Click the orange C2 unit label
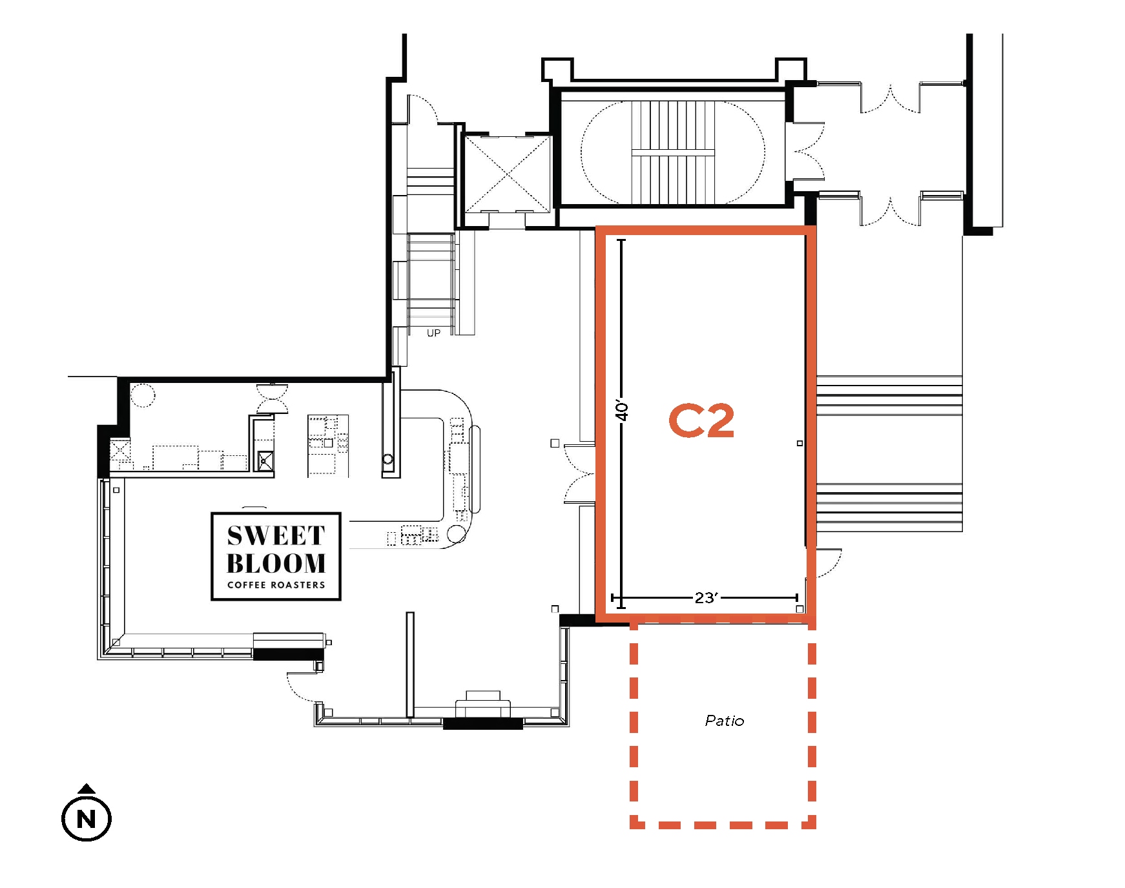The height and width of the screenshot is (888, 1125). [x=701, y=420]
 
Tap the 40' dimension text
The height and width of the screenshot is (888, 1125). [x=622, y=410]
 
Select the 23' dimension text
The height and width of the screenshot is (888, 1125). [x=706, y=597]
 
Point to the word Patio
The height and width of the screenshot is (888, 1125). [x=724, y=721]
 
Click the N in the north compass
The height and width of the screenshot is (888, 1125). [x=87, y=819]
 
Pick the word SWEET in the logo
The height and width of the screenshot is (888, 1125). [x=276, y=535]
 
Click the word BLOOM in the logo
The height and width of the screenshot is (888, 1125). [x=276, y=563]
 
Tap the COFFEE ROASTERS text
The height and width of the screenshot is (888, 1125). [x=276, y=585]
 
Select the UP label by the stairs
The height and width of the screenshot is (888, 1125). [x=433, y=333]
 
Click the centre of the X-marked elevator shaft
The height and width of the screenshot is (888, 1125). [x=508, y=174]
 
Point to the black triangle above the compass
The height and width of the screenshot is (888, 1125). [x=87, y=788]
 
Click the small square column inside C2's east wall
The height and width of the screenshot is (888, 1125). [x=800, y=443]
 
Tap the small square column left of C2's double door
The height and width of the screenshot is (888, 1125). [x=555, y=443]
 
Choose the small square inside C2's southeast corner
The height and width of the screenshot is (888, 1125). [x=800, y=609]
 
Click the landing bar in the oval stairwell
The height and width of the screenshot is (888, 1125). [x=673, y=153]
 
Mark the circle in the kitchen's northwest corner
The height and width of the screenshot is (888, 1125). [x=143, y=395]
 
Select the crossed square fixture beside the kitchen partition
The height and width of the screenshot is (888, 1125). [x=265, y=461]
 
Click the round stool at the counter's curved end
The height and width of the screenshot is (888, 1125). [x=457, y=534]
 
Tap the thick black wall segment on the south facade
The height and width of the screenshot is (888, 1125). [x=482, y=724]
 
